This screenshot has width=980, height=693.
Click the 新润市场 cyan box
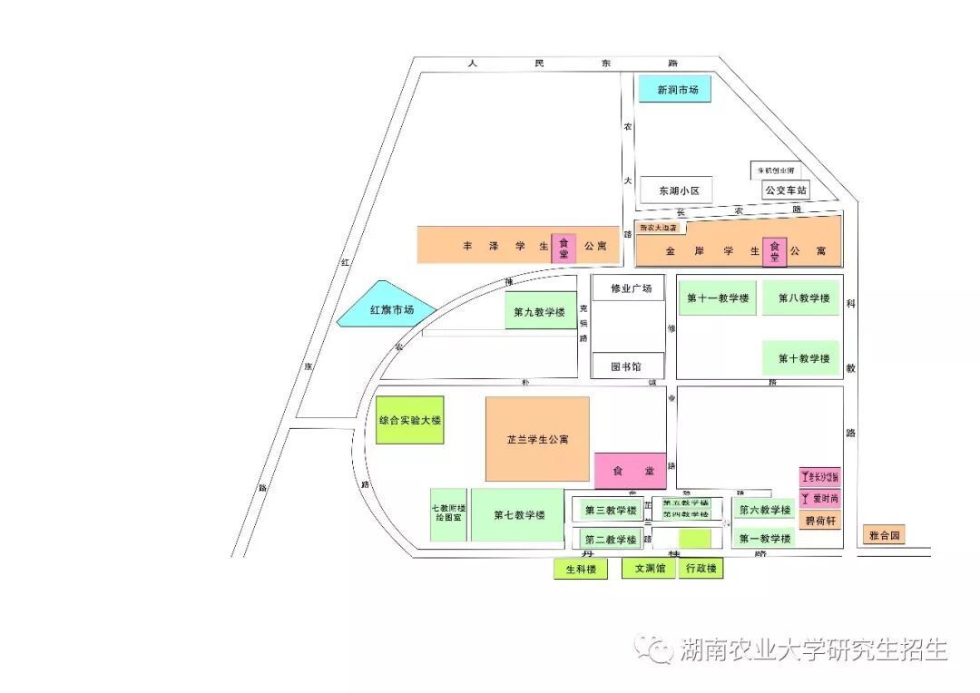674,89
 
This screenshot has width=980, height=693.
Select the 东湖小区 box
676,190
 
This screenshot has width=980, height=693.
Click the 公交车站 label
785,190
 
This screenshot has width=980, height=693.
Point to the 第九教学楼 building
540,311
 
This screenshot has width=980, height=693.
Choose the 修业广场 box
628,288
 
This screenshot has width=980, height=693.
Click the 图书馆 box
627,366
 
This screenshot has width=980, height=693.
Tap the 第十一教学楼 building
718,298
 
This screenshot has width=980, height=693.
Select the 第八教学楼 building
803,298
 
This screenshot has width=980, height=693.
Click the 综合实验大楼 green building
410,420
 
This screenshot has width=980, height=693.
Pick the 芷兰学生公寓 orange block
537,439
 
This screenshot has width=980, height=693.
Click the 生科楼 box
581,569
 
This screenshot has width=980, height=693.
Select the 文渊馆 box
649,569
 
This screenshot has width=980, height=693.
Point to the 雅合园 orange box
883,535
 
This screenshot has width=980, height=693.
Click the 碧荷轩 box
820,521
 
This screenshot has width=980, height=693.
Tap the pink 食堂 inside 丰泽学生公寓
563,245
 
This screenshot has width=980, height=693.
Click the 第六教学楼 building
764,510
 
